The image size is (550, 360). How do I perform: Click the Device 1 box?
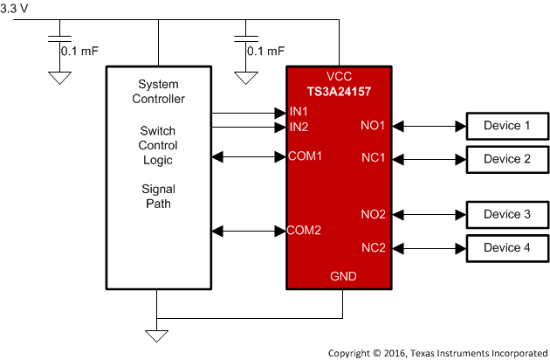[x=507, y=127]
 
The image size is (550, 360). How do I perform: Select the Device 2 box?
[x=507, y=159]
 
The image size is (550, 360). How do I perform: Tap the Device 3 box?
[x=507, y=214]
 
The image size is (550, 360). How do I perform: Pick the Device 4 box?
[x=507, y=247]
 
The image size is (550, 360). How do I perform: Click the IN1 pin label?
[x=299, y=113]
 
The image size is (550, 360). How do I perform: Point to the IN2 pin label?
[x=299, y=128]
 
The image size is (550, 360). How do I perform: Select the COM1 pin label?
[x=305, y=157]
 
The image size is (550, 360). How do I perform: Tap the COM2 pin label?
[x=305, y=231]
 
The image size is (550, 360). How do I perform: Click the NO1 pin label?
[x=373, y=127]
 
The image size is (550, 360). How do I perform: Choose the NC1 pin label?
[x=373, y=159]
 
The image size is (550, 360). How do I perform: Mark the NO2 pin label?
[x=373, y=214]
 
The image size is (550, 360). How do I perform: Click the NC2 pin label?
[x=373, y=247]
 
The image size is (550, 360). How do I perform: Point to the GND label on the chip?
[x=342, y=276]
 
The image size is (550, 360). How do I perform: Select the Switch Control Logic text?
[x=158, y=146]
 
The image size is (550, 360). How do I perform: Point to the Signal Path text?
[x=158, y=196]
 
